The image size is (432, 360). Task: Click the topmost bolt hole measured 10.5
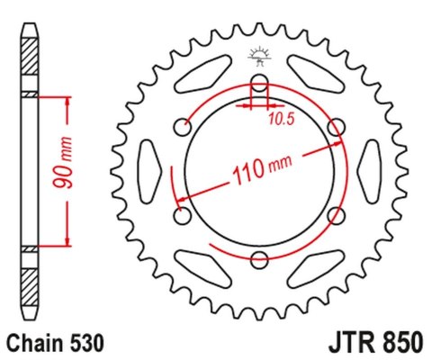pyautogui.click(x=260, y=86)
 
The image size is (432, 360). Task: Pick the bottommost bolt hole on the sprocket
pyautogui.click(x=260, y=260)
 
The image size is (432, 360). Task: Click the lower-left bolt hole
pyautogui.click(x=184, y=217)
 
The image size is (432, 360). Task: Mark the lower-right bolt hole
pyautogui.click(x=337, y=217)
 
